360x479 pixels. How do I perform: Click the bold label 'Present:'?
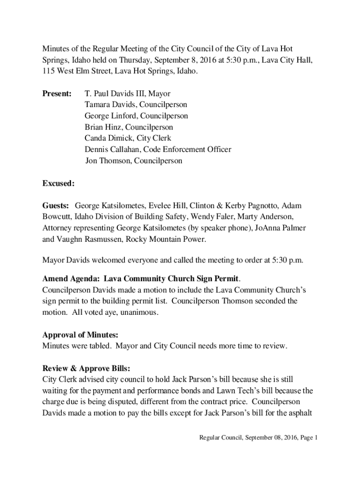[x=57, y=94]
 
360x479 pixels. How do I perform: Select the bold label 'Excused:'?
[x=58, y=183]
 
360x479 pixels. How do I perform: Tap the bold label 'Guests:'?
[x=56, y=206]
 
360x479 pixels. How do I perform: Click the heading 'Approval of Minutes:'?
[x=80, y=335]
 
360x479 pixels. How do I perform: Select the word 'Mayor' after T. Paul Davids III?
[x=159, y=94]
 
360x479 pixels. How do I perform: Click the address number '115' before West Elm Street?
[x=49, y=71]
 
